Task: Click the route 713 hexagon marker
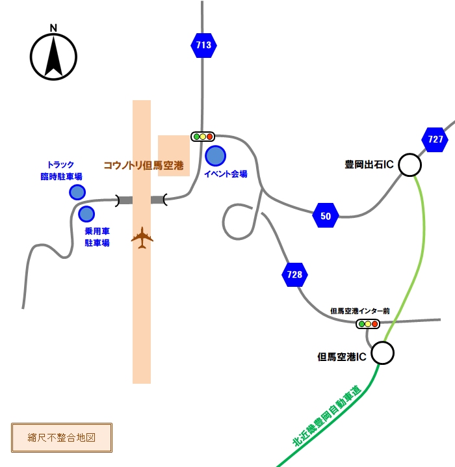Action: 203,46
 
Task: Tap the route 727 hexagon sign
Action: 435,139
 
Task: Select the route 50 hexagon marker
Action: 326,215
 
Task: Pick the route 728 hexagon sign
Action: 294,274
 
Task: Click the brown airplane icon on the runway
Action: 142,237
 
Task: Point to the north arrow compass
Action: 53,57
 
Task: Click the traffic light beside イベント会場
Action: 203,137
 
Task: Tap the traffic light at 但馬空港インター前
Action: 368,324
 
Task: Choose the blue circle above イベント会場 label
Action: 215,155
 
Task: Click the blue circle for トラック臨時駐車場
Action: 77,192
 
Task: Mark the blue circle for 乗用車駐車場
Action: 86,214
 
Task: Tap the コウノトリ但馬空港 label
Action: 144,165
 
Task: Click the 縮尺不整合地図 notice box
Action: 62,438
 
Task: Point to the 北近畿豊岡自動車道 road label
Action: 327,416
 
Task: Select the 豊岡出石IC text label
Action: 369,165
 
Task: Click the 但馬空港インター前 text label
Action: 359,311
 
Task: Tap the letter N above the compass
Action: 53,28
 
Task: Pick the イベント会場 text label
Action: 226,174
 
